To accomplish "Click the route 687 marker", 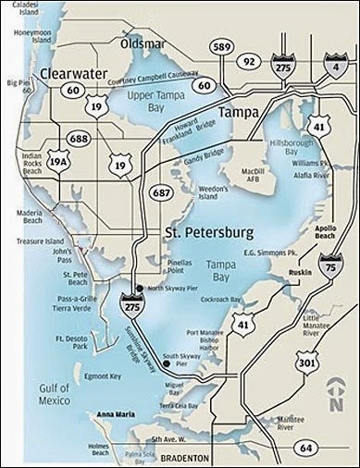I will [x=157, y=192].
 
